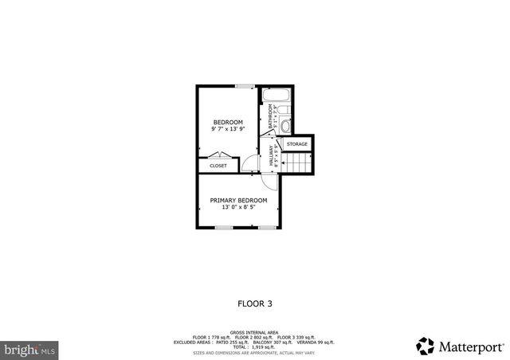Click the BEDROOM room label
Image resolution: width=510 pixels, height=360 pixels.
pos(227,122)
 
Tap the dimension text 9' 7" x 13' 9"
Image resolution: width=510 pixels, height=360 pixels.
pos(227,129)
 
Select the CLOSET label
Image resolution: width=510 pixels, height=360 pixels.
pos(218,166)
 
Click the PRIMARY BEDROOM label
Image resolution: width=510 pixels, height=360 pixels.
pos(238,200)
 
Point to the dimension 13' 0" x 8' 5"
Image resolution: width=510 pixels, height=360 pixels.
pos(238,207)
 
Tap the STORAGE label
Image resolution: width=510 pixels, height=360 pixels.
pos(297,144)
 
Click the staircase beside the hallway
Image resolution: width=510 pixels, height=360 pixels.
pos(298,163)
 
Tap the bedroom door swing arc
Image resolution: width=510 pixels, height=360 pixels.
pos(250,164)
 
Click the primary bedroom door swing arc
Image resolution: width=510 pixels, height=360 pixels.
pos(271,182)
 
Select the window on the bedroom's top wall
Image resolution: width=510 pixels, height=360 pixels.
pos(245,85)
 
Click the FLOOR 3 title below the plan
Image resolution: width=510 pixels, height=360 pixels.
pos(255,303)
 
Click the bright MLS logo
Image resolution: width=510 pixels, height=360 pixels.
pos(31,350)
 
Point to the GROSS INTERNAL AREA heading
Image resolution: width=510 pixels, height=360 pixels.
pos(254,331)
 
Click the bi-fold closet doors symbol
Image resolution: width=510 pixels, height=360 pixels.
pos(214,156)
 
